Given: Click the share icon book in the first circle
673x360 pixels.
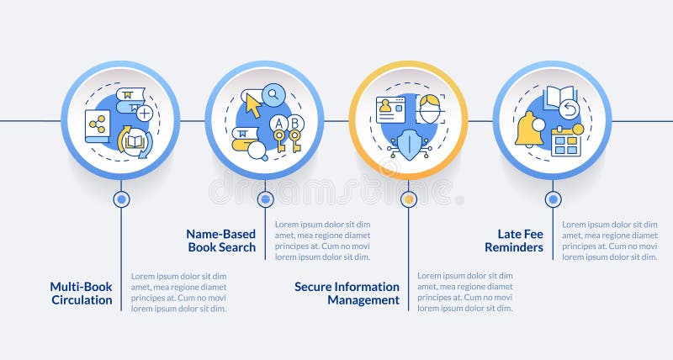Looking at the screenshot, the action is (98, 125).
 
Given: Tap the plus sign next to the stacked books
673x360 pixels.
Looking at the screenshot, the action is (145, 112).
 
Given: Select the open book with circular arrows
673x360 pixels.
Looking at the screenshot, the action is (135, 141).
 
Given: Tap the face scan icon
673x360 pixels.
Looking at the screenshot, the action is (431, 109).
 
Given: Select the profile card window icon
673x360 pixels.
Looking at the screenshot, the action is (390, 109).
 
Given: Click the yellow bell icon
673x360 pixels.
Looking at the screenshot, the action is (529, 128).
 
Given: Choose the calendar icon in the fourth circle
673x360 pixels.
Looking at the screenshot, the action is (566, 141).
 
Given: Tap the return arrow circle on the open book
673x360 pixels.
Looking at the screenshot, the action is (569, 109).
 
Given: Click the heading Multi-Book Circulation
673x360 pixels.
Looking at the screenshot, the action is (81, 293).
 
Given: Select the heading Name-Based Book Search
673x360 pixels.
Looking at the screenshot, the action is (221, 241).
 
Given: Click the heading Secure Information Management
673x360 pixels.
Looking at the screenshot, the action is (347, 293).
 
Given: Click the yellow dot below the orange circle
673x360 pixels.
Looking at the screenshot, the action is (408, 199).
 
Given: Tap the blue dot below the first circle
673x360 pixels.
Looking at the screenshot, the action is (121, 199).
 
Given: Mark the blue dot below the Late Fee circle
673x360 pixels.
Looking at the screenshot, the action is (553, 199).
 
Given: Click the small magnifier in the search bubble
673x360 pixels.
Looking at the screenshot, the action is (274, 95).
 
